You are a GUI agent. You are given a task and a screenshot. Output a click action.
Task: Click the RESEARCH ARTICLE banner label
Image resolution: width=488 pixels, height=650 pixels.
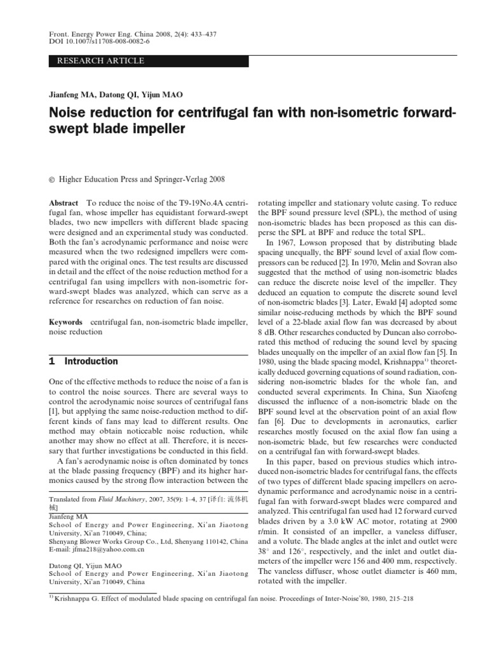pyautogui.click(x=101, y=61)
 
